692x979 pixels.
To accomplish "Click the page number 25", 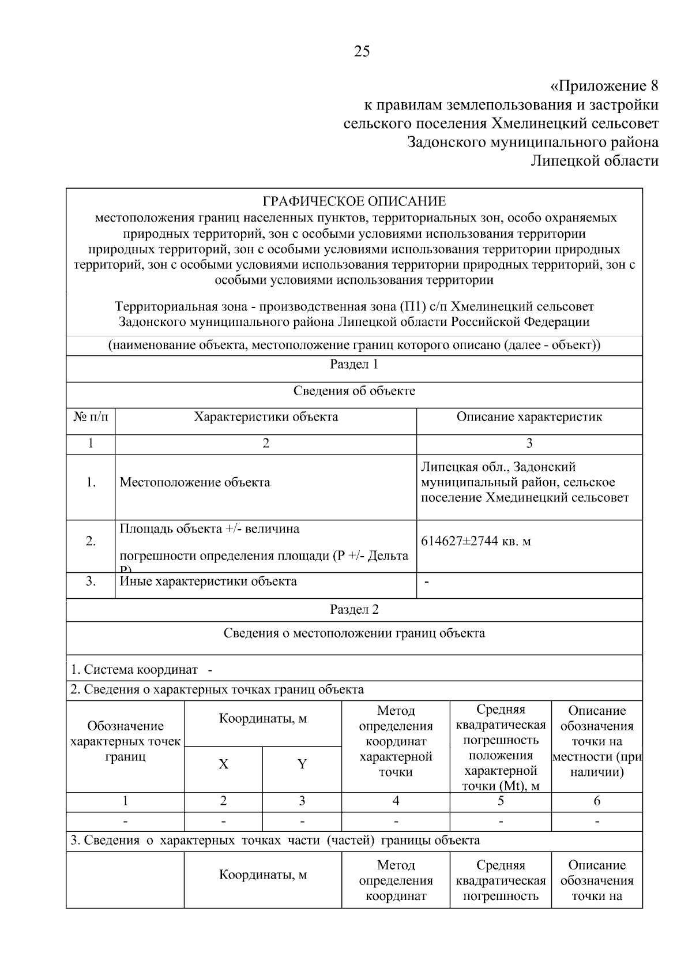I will pyautogui.click(x=362, y=51).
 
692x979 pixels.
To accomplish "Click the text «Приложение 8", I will pyautogui.click(x=604, y=87).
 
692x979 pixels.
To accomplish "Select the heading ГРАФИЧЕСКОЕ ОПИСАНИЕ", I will pyautogui.click(x=354, y=201).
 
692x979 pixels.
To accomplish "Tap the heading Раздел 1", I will pyautogui.click(x=354, y=364).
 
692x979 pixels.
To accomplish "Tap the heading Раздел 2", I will pyautogui.click(x=354, y=610).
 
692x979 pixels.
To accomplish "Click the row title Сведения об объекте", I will pyautogui.click(x=354, y=391).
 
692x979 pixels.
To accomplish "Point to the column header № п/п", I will pyautogui.click(x=91, y=417).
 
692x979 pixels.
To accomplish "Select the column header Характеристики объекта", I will pyautogui.click(x=266, y=417).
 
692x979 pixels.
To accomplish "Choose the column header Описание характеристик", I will pyautogui.click(x=529, y=417).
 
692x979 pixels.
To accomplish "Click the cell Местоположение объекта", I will pyautogui.click(x=195, y=482).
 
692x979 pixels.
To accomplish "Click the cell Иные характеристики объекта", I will pyautogui.click(x=208, y=582).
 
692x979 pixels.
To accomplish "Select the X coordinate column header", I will pyautogui.click(x=223, y=764).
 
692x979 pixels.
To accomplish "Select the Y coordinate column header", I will pyautogui.click(x=302, y=764).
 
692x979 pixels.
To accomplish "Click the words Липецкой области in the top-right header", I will pyautogui.click(x=595, y=161).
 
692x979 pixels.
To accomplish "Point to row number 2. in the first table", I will pyautogui.click(x=91, y=541).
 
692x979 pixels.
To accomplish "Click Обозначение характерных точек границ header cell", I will pyautogui.click(x=125, y=741).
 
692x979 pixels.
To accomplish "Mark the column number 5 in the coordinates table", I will pyautogui.click(x=500, y=801).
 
